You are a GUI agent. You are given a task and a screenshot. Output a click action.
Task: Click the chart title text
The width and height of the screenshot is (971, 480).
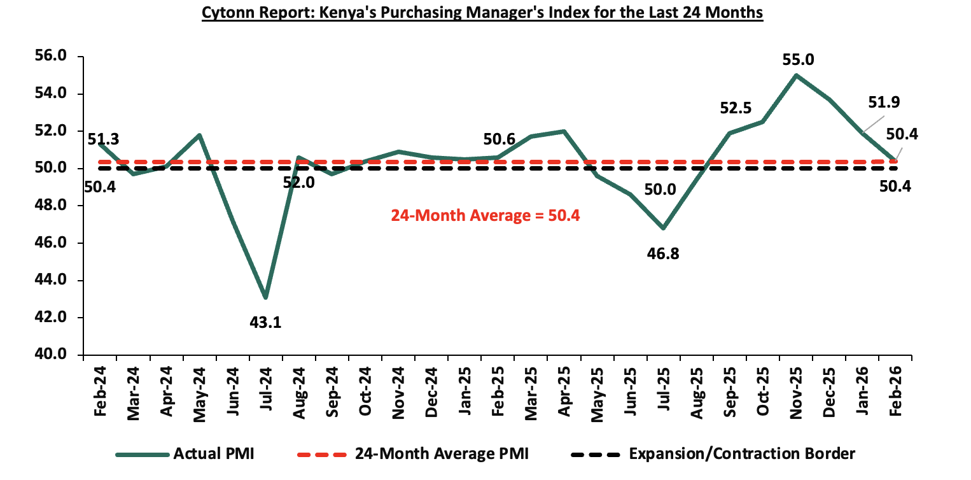[482, 13]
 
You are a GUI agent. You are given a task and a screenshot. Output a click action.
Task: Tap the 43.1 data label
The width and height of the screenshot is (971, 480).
[265, 322]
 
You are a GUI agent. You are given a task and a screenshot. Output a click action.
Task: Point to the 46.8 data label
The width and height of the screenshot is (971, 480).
[663, 254]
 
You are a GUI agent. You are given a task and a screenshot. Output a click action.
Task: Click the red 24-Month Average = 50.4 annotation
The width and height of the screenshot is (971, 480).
[485, 215]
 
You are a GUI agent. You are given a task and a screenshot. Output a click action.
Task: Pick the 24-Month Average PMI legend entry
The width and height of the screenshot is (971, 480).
[413, 454]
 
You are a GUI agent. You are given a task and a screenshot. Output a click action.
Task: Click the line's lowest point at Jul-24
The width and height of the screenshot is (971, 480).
[265, 297]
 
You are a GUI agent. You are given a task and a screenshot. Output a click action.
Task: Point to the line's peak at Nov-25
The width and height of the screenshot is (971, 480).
[796, 75]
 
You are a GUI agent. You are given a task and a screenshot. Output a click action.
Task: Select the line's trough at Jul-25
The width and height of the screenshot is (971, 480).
[664, 228]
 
